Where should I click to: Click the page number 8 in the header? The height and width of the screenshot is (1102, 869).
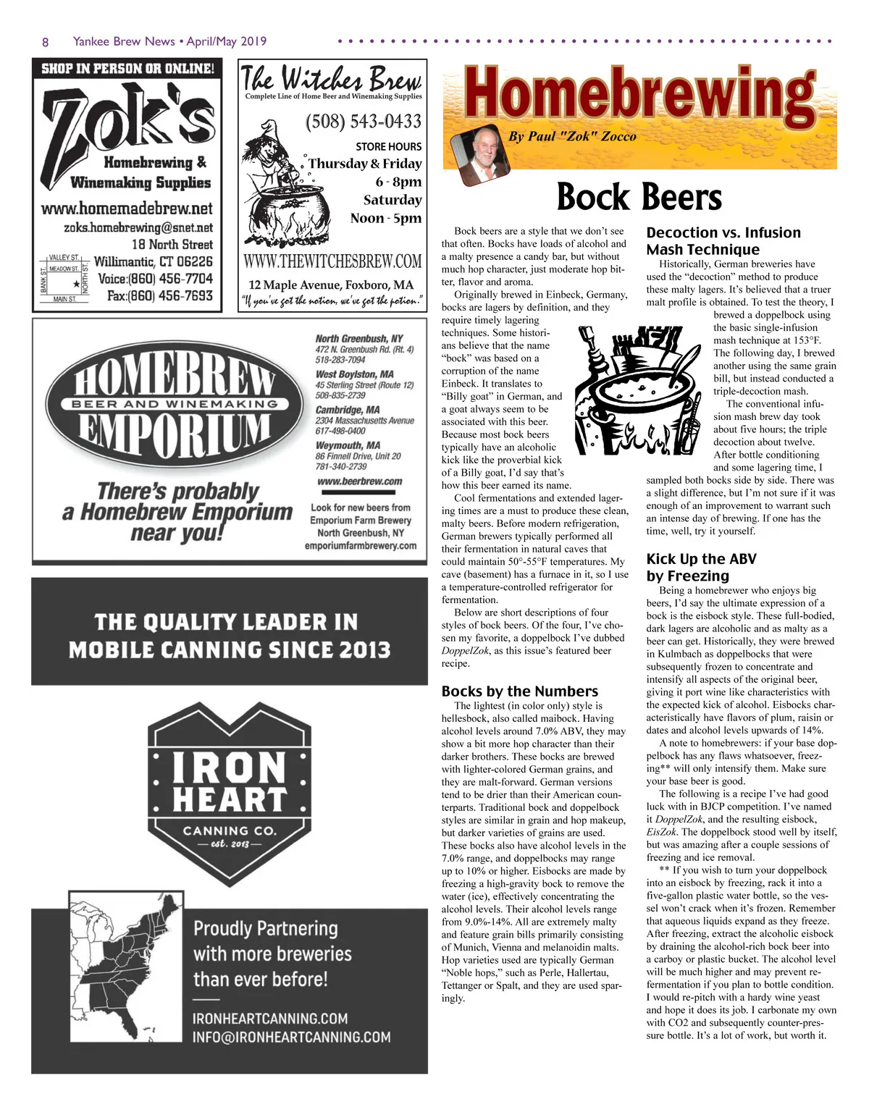(45, 42)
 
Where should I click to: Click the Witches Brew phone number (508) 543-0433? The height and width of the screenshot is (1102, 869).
(363, 121)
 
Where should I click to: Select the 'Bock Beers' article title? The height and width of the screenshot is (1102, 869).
(639, 197)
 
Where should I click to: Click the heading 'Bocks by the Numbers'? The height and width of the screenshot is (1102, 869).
(520, 691)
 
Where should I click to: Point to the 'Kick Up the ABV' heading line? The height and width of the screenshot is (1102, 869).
(701, 559)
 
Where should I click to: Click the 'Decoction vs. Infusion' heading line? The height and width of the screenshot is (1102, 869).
(723, 232)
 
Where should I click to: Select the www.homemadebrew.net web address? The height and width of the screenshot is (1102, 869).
(127, 209)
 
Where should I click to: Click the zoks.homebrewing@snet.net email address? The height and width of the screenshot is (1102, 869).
(138, 227)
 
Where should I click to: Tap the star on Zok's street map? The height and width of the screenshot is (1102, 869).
(76, 284)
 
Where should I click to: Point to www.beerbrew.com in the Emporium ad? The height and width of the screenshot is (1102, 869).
(359, 481)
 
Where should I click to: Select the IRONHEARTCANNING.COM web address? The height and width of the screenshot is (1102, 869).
(270, 1018)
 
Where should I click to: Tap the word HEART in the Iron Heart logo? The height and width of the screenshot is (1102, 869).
(229, 799)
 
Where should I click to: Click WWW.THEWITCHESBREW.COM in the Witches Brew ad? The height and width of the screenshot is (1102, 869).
(332, 261)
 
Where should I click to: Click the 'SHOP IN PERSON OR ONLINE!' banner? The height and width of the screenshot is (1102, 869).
(127, 69)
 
